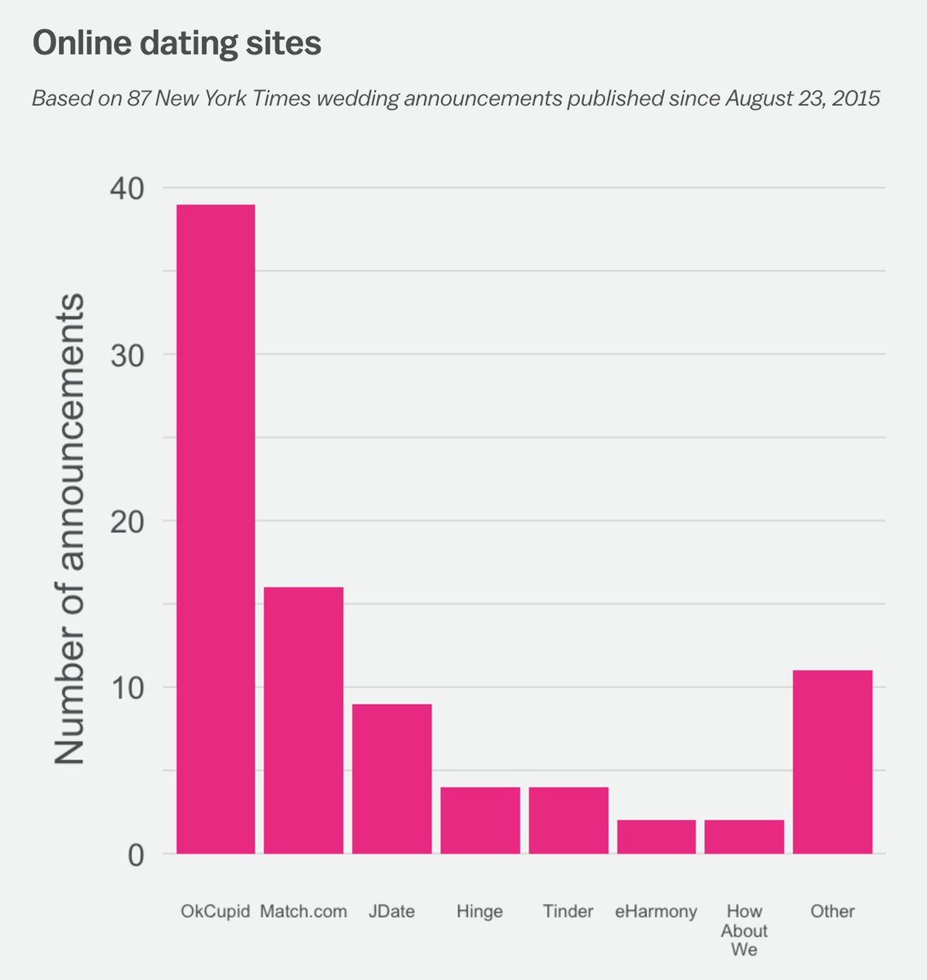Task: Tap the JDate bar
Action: click(391, 779)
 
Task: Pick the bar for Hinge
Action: click(480, 820)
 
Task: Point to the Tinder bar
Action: click(568, 820)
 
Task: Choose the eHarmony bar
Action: click(657, 837)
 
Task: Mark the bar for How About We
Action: click(744, 837)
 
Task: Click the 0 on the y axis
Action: click(136, 855)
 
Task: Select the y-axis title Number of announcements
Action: click(70, 529)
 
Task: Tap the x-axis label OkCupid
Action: click(215, 911)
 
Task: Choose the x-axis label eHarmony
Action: click(657, 911)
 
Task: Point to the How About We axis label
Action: click(744, 930)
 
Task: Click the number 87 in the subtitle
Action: click(137, 99)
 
